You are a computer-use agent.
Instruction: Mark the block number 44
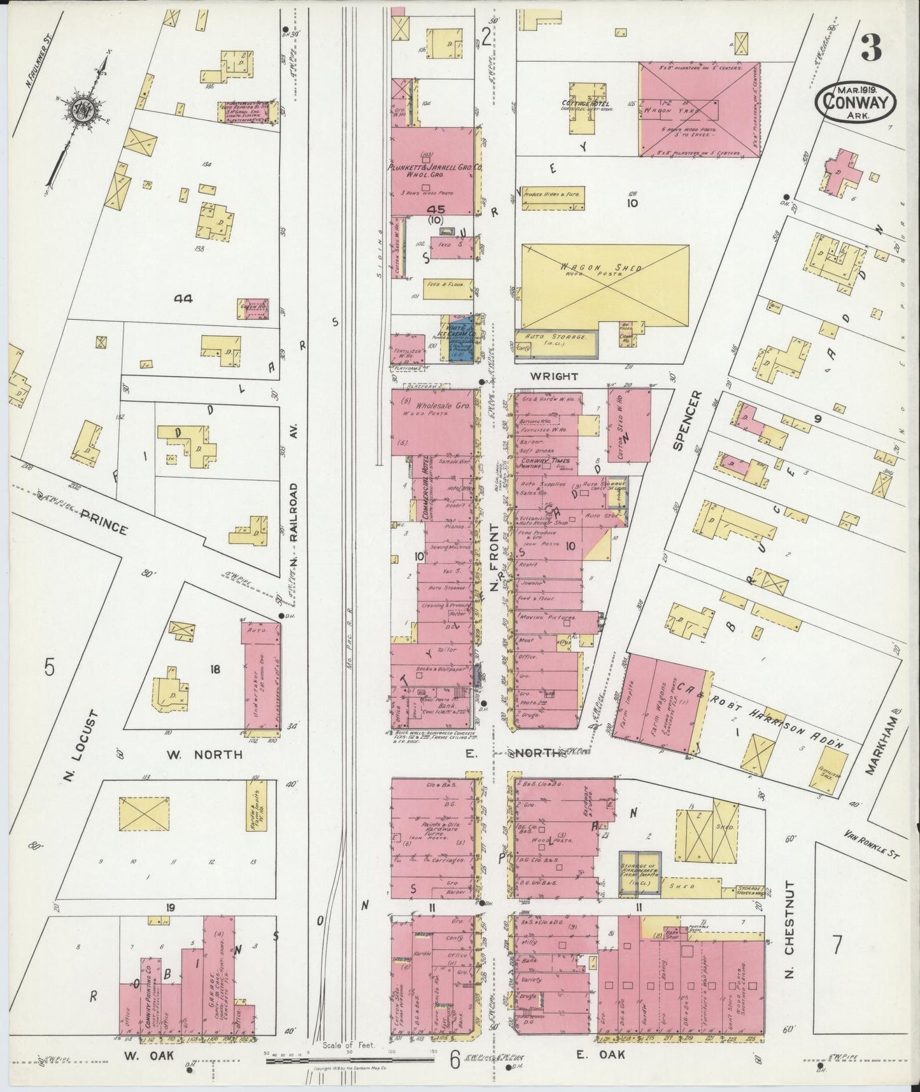click(x=186, y=298)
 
